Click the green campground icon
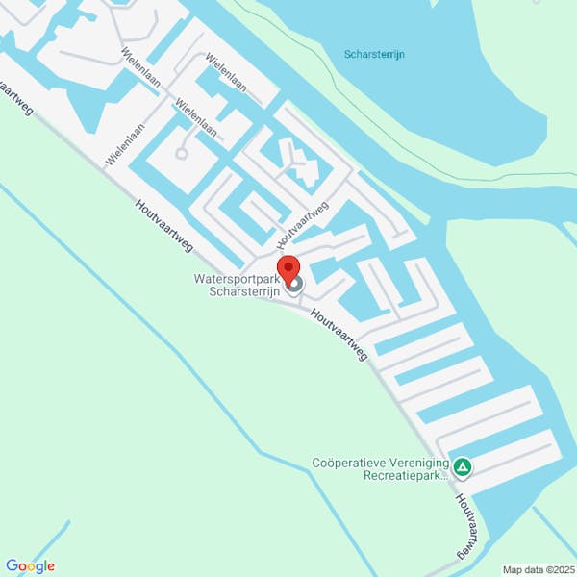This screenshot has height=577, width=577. (x=464, y=468)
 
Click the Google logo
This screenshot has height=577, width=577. (x=30, y=566)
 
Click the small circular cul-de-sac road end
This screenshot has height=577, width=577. (x=181, y=153)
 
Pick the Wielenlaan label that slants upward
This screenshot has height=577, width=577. (x=126, y=144)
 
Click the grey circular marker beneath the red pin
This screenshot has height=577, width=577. (x=295, y=285)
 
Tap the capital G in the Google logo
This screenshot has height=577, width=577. (x=11, y=566)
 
